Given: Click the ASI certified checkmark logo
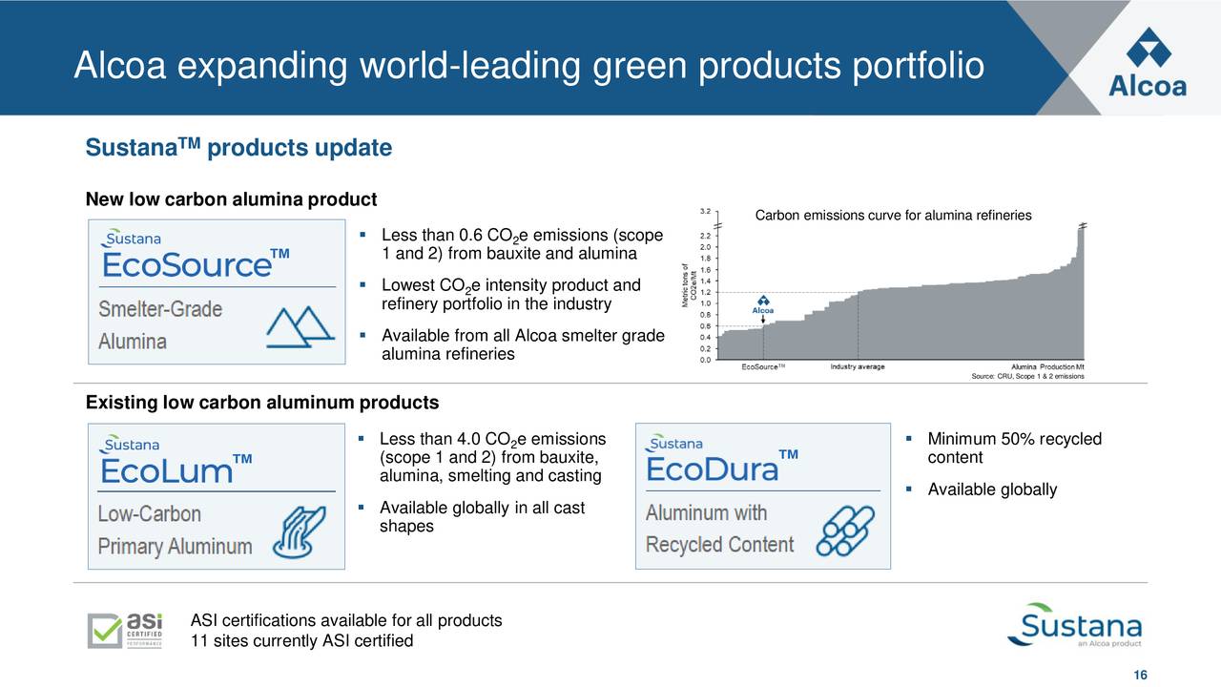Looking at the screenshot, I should coord(125,630).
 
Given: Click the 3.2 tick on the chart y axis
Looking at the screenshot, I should coord(704,211).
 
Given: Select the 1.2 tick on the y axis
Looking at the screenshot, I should coord(704,292).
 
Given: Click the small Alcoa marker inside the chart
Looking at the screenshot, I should coord(762,303).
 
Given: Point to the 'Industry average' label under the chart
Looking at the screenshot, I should coord(857,367).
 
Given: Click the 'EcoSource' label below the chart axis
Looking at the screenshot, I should coord(763,367).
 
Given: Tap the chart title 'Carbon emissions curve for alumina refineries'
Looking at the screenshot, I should coord(893,216).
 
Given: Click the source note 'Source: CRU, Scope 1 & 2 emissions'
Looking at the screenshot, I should coord(1026,376).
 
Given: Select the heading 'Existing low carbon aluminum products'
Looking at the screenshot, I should coord(262,403).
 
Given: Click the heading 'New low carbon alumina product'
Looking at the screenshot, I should coord(232,199).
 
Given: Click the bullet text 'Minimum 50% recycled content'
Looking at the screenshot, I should coord(1014,448).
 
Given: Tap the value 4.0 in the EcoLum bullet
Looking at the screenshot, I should coord(468,439).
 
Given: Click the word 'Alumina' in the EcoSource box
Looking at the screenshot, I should coord(133,341).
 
